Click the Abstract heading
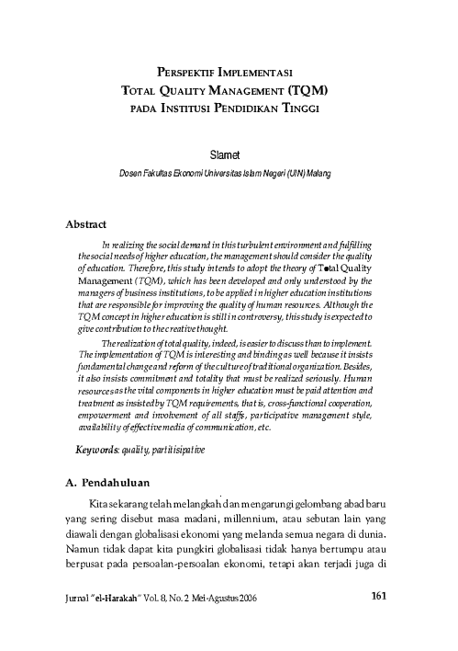pyautogui.click(x=87, y=223)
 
